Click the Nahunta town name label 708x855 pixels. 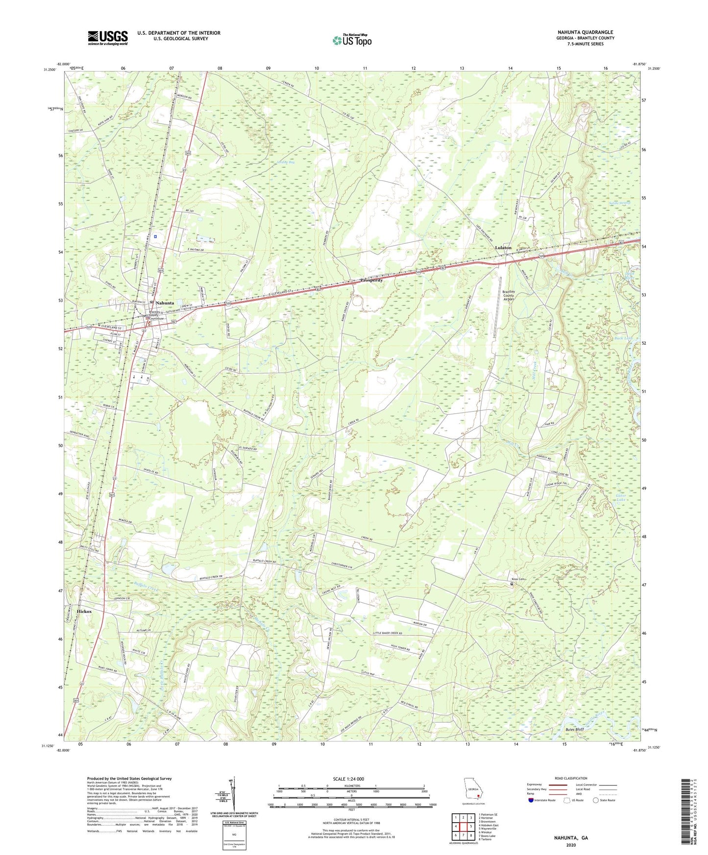165,303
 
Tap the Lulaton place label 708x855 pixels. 503,248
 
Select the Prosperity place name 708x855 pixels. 371,281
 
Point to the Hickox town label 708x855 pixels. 84,612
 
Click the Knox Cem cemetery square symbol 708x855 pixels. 512,584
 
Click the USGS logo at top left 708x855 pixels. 108,38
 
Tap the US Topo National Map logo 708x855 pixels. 351,40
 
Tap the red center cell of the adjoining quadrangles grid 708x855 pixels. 463,826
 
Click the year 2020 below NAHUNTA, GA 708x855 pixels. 571,845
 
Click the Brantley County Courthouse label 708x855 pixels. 157,315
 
